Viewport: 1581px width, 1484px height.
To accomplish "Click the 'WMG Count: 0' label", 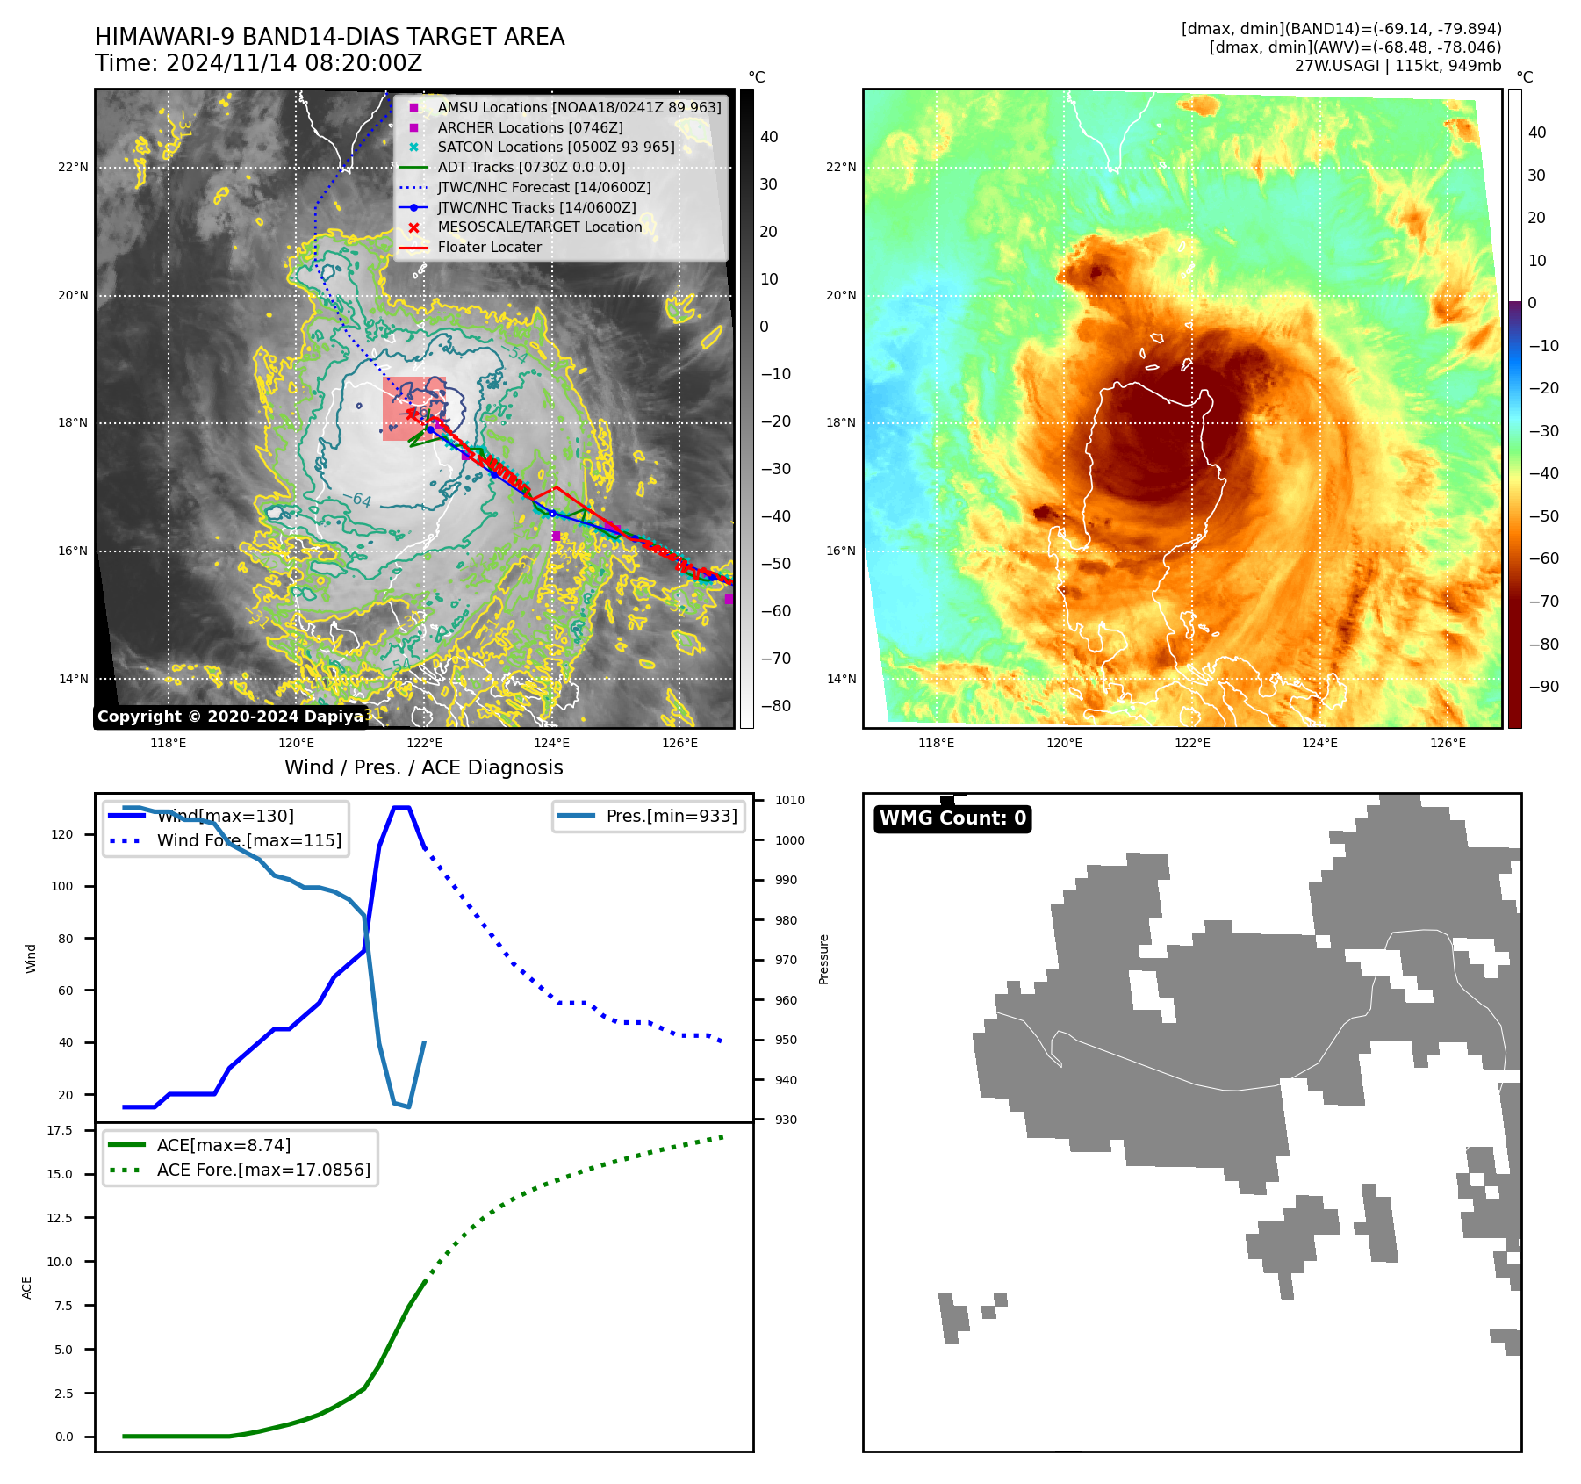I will pos(952,818).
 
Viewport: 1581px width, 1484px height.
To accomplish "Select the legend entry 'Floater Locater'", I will pos(489,248).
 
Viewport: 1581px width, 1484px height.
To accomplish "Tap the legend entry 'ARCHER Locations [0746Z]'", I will pos(530,128).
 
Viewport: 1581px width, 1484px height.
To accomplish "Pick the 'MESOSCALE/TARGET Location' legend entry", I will pos(539,227).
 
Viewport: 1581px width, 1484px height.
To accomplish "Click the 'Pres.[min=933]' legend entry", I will pos(672,817).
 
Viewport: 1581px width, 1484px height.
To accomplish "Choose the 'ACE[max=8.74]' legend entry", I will pos(223,1145).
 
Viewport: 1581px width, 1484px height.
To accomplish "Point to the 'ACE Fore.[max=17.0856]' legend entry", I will pos(263,1170).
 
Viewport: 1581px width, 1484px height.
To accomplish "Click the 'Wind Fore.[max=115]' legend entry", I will pos(248,840).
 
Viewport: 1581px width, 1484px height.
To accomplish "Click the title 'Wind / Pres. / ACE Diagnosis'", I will pos(423,767).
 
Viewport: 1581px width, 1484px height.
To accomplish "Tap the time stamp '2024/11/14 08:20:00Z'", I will pos(293,64).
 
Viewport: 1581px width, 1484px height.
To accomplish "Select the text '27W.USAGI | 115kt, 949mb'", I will pos(1398,66).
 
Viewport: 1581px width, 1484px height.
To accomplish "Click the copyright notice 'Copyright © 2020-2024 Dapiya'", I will pos(231,717).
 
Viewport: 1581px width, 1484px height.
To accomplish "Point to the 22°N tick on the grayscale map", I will pos(74,168).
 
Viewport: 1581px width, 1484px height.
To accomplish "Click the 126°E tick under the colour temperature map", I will pos(1448,743).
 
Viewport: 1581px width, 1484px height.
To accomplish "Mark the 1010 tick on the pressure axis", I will pos(789,800).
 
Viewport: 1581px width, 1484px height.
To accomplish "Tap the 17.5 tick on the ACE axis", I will pos(60,1130).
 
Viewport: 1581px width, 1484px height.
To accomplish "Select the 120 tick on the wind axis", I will pos(62,834).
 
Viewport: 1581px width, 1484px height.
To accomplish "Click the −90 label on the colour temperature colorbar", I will pos(1543,687).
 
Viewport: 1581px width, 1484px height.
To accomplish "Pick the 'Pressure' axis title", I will pos(823,959).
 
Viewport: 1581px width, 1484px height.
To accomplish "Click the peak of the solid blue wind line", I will pos(401,808).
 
